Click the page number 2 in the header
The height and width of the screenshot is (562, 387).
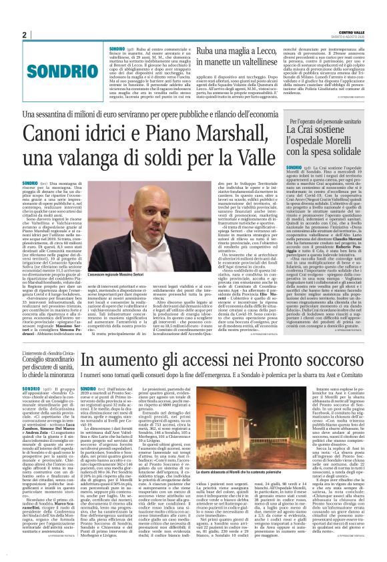click(x=24, y=35)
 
